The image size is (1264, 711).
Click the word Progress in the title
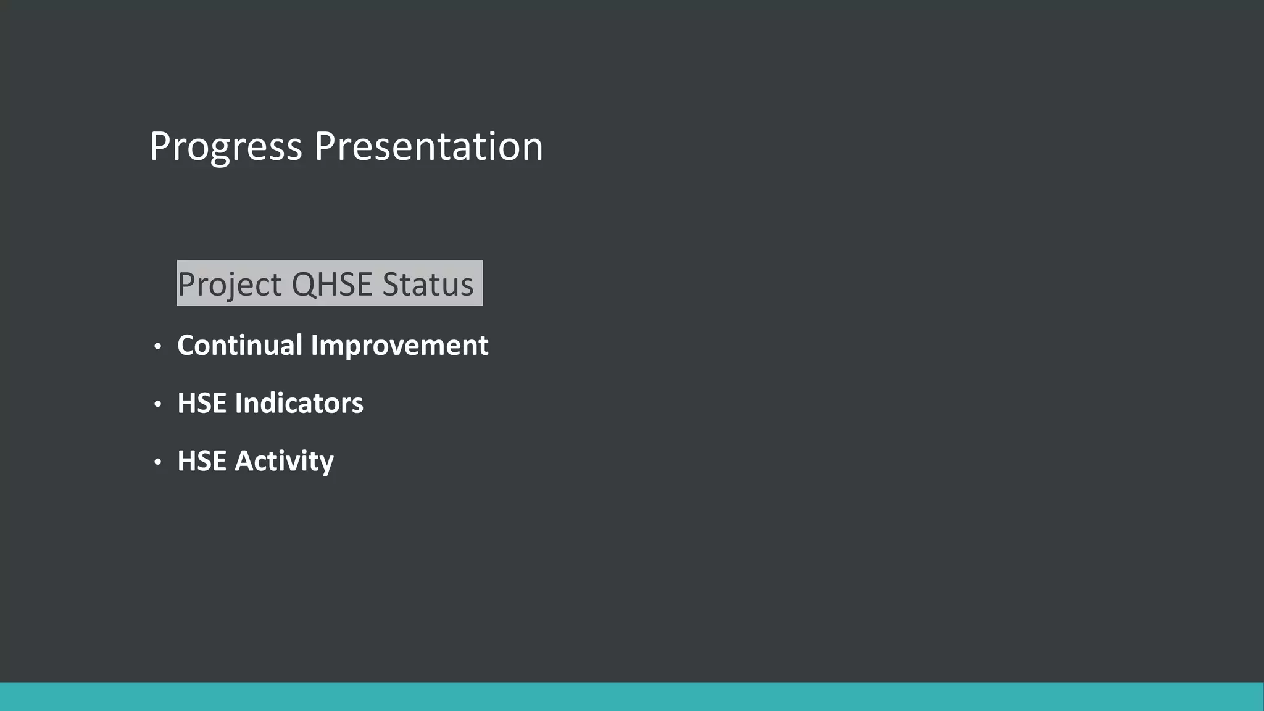[x=226, y=148]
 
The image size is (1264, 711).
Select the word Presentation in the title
[x=428, y=148]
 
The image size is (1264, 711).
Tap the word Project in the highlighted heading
[x=230, y=285]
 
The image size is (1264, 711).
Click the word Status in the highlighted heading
[x=428, y=284]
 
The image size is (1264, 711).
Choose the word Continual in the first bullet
[x=239, y=345]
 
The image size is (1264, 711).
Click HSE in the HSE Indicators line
[x=201, y=403]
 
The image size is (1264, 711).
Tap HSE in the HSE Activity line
[x=201, y=461]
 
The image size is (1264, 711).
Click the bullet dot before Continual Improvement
[x=158, y=346]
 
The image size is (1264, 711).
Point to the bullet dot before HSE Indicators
[x=158, y=404]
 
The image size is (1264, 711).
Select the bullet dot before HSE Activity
[x=158, y=462]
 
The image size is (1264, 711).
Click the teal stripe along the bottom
[x=632, y=697]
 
